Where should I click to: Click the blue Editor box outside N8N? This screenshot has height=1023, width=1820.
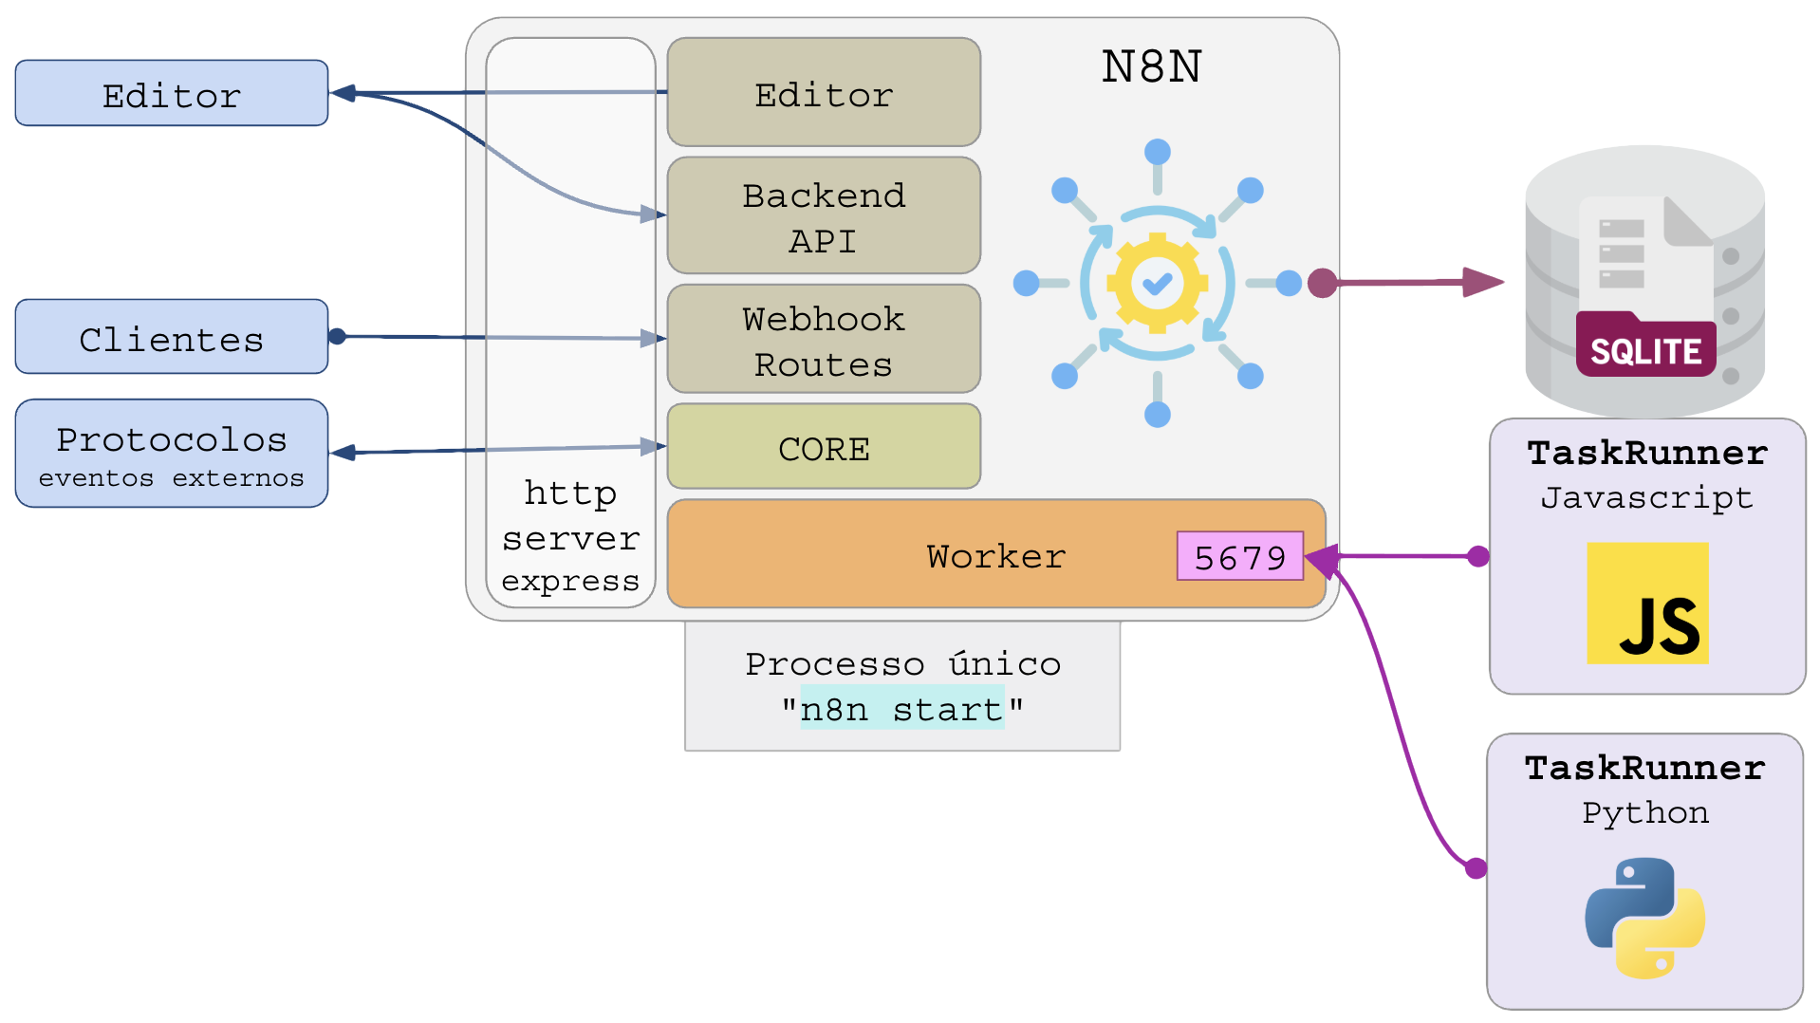172,93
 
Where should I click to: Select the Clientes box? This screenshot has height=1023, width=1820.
172,337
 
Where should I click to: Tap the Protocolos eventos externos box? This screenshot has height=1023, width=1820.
172,454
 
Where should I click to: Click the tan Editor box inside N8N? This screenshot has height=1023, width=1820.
824,92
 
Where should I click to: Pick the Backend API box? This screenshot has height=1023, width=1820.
824,216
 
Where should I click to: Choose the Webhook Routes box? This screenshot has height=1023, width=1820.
824,340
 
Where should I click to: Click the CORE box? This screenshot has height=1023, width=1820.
824,447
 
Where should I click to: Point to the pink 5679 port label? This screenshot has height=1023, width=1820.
1239,556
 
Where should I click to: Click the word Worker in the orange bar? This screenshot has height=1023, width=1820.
995,556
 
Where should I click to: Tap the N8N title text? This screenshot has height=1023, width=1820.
1151,66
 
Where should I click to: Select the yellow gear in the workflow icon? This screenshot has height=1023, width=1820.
1157,283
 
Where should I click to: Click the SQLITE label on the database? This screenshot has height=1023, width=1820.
1645,351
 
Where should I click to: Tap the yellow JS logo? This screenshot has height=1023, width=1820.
1647,604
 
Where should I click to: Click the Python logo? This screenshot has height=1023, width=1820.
1644,918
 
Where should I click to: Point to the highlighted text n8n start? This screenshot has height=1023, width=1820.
901,709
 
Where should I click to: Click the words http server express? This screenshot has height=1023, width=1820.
570,537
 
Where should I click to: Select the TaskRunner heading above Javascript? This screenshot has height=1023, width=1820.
1647,453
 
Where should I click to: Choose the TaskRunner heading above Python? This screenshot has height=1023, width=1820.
1644,768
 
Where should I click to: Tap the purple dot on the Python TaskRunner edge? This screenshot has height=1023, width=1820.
1476,867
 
